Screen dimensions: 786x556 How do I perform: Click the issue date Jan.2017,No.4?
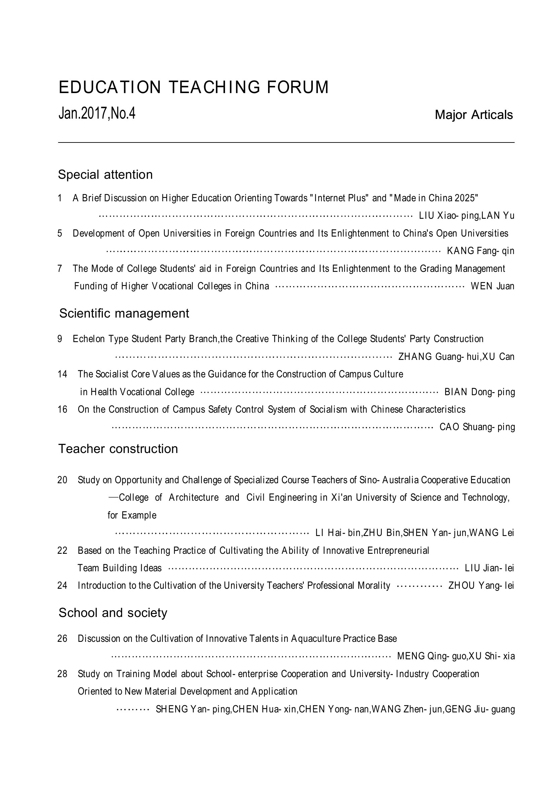point(97,113)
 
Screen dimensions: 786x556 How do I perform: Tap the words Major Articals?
point(474,115)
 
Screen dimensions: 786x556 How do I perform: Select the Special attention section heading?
point(105,175)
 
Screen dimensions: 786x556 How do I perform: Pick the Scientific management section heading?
point(124,313)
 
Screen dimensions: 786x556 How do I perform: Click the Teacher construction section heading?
point(118,449)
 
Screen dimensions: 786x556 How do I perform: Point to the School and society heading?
point(113,613)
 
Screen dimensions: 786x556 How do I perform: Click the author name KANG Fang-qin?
point(480,251)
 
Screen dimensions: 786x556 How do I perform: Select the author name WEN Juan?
point(492,286)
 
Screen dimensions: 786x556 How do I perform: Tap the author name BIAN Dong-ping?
point(479,392)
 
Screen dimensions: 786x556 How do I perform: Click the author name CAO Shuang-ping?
point(477,427)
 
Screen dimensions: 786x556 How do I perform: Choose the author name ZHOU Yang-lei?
point(481,586)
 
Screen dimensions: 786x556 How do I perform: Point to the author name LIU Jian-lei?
point(489,568)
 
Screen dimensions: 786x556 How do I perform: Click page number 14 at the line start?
point(62,374)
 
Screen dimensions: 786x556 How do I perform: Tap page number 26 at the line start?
point(62,638)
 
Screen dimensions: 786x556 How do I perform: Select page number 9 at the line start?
point(60,339)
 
